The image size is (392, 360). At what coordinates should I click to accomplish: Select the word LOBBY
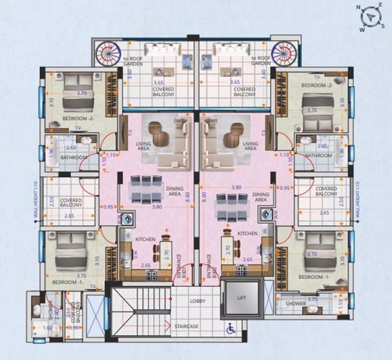[197, 300]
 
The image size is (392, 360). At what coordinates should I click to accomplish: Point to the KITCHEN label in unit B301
[146, 239]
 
